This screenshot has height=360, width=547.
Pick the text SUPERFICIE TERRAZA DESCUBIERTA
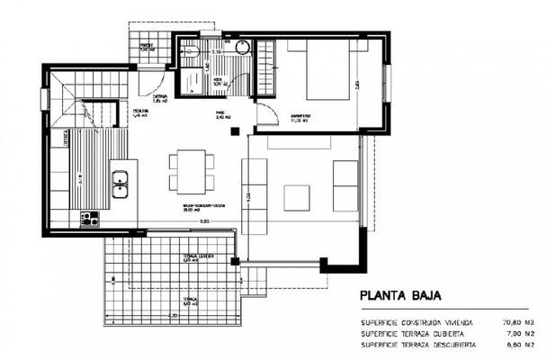coord(415,344)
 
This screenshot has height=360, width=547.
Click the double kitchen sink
coord(121,183)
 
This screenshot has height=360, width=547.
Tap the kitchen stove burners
coord(89,218)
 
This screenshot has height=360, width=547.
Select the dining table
coord(191,170)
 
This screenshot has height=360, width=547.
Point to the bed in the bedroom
coord(327,73)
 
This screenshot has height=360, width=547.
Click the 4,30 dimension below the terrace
coord(172,317)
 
